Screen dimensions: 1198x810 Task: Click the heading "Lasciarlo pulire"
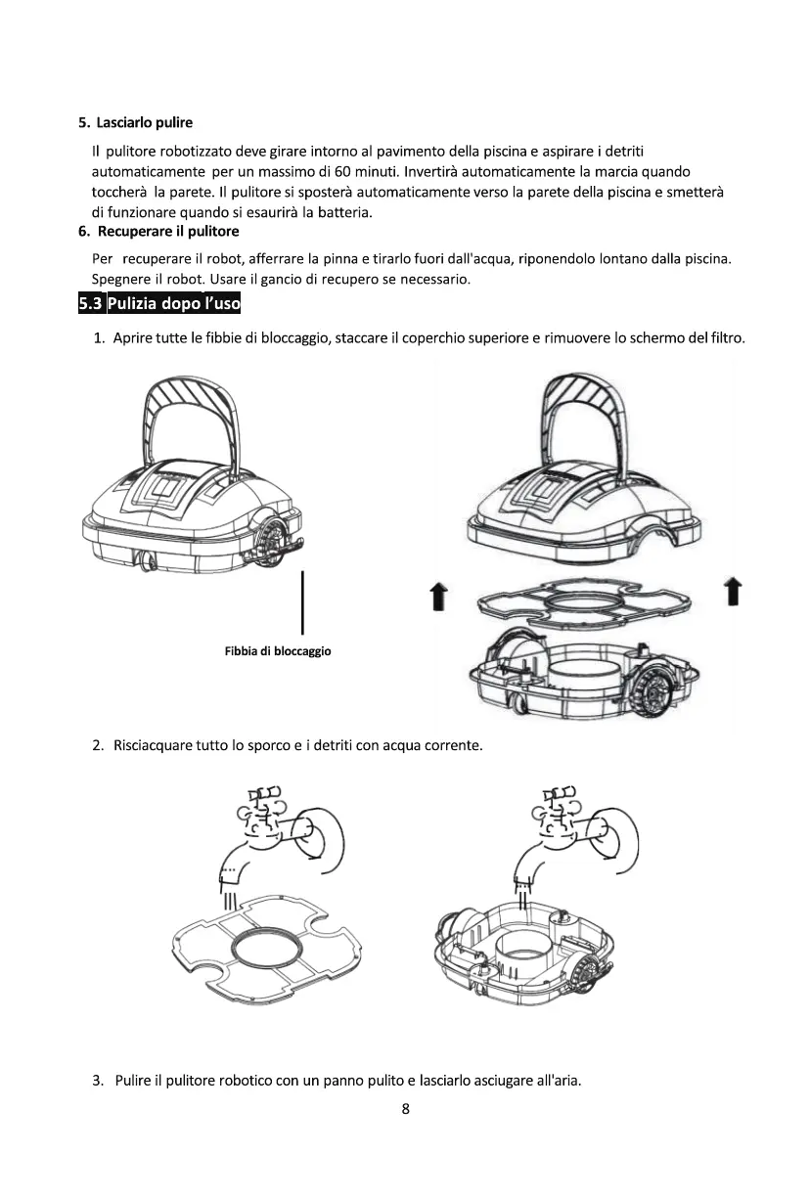(145, 123)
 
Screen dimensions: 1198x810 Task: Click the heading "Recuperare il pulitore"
(167, 232)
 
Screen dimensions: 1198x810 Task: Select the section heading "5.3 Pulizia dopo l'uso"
(159, 304)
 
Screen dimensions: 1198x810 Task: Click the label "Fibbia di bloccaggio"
(278, 651)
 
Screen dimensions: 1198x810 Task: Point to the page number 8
(405, 1109)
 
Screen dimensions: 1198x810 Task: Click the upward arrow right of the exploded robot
(731, 593)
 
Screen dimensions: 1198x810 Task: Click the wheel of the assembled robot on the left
(273, 538)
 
